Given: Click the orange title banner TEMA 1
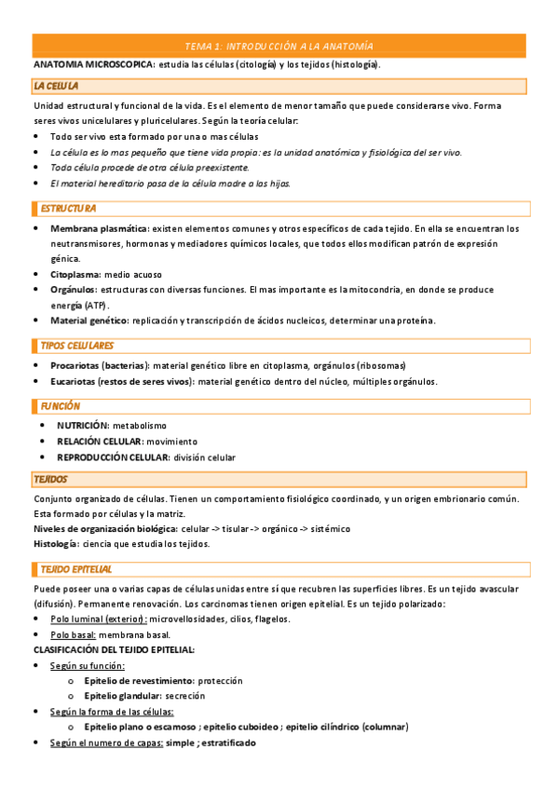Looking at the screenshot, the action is click(x=279, y=46).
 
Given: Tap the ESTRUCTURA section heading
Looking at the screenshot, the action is click(x=68, y=208).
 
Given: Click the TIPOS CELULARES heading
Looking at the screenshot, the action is click(x=76, y=346).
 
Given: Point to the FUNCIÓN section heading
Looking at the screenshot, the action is click(x=60, y=406).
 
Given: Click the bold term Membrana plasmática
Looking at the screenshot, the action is click(x=99, y=228).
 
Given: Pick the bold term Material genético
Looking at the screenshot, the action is click(x=89, y=320).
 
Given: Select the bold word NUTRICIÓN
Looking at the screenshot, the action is click(x=83, y=425).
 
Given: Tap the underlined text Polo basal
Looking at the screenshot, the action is click(x=72, y=634).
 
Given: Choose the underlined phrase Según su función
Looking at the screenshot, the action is click(x=88, y=665).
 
